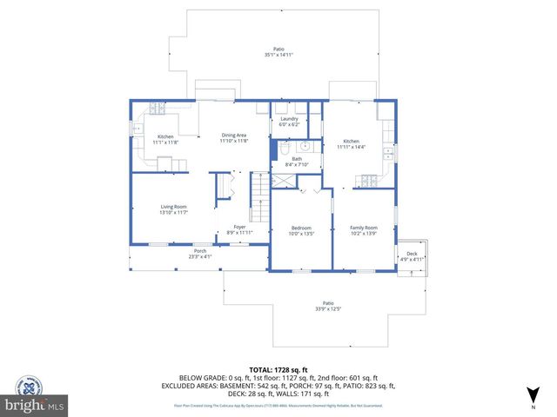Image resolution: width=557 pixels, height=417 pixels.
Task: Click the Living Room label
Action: (x=174, y=206)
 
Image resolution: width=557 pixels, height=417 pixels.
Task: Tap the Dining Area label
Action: (x=234, y=135)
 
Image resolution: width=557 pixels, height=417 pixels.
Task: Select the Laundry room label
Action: (x=290, y=119)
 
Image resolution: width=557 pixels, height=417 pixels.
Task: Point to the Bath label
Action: (x=297, y=159)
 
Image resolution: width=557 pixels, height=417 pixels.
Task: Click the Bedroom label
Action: (x=300, y=228)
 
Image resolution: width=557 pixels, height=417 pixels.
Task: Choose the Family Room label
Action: (x=364, y=228)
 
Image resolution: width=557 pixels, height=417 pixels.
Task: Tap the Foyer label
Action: (x=238, y=228)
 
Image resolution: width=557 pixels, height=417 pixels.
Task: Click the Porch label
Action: (x=200, y=251)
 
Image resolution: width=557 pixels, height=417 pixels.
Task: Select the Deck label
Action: (x=412, y=254)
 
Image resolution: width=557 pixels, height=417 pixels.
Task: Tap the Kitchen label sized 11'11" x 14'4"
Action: (x=351, y=141)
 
